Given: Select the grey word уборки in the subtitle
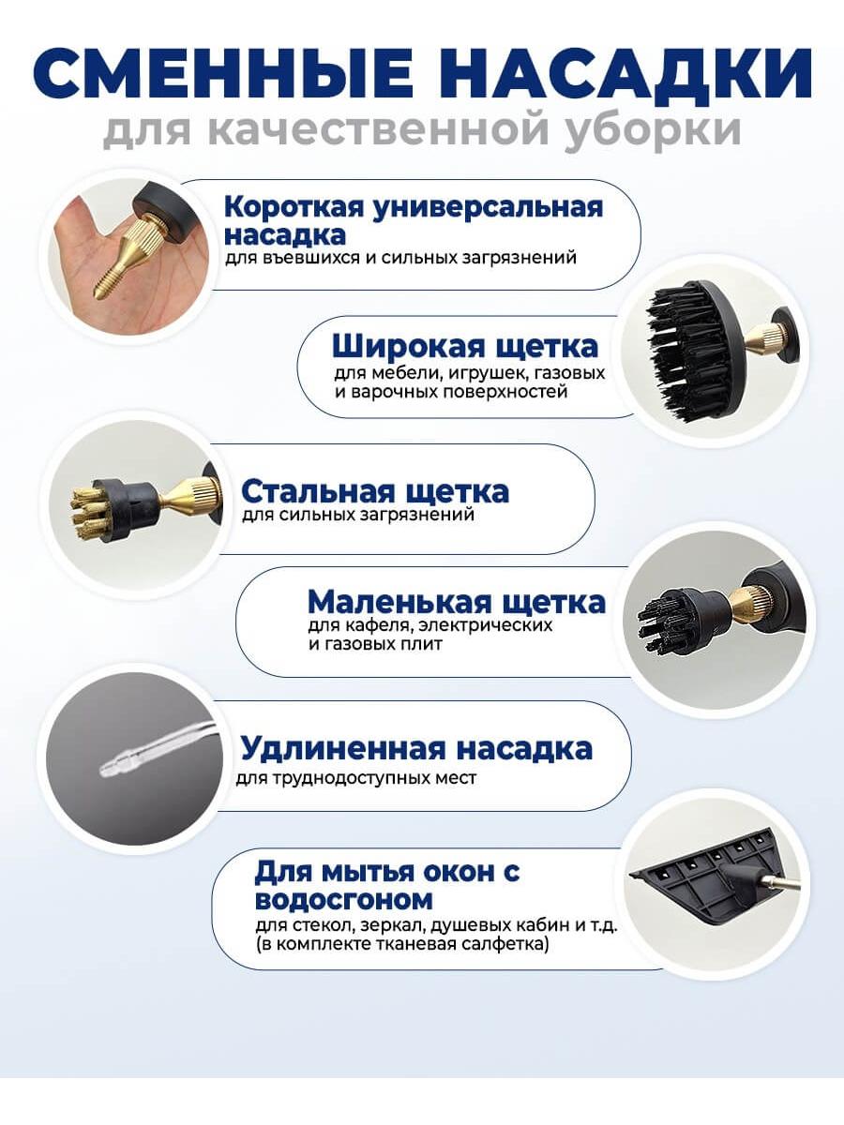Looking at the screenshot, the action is click(653, 129).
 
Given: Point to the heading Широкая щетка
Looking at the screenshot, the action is click(465, 347).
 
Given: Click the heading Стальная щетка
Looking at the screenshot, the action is click(375, 491).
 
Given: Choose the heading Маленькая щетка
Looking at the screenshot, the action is click(456, 602).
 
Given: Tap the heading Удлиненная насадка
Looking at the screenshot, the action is click(416, 749).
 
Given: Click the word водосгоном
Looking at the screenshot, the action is click(344, 899).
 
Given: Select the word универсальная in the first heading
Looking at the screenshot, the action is click(488, 207).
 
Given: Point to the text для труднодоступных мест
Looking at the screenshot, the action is click(356, 778).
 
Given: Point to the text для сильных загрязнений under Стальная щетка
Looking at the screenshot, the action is click(357, 514).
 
